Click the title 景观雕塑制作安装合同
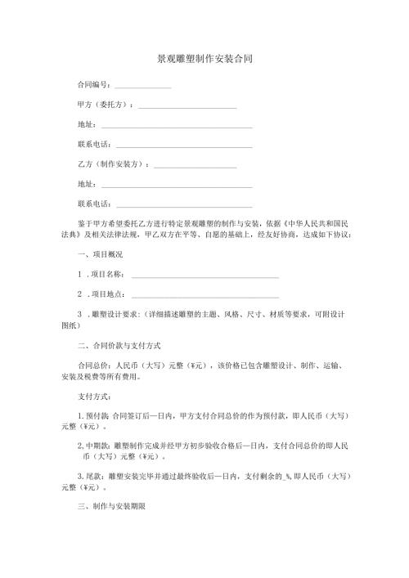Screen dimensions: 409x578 click(204, 60)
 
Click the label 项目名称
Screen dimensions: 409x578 click(106, 275)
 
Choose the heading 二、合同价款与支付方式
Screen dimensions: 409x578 click(119, 346)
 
